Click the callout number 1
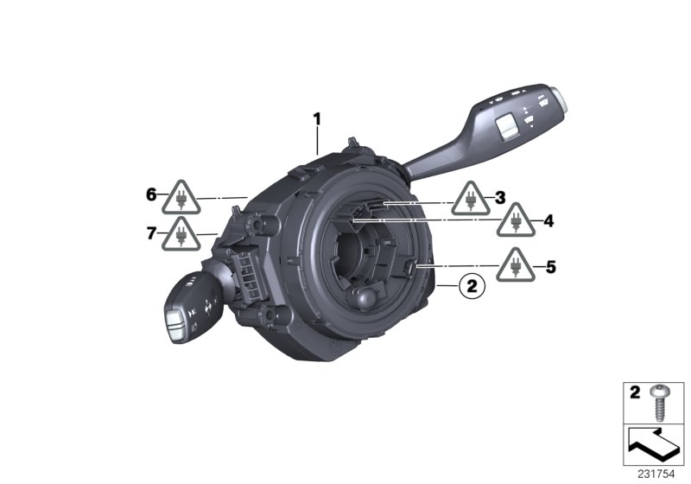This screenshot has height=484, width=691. point(316,118)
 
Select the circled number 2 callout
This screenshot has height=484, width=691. point(471,284)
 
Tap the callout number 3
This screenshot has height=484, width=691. point(499,197)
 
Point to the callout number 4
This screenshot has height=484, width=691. point(548,221)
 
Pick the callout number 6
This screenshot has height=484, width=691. point(151,195)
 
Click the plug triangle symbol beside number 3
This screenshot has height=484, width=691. point(470,201)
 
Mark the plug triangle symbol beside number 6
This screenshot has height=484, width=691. point(181,199)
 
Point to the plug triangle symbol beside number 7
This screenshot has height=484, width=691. point(181,235)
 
